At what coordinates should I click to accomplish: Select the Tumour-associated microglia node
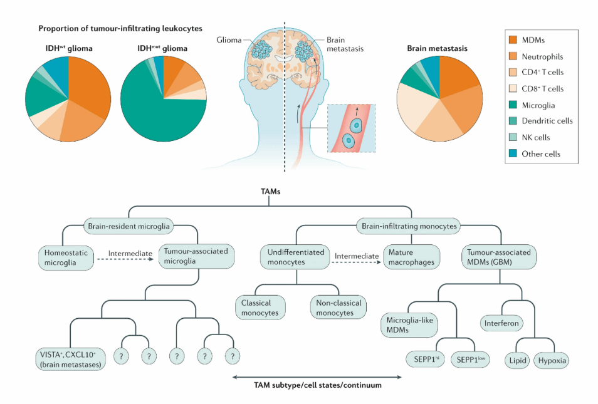coord(197,257)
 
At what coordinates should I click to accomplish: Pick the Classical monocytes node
coord(260,307)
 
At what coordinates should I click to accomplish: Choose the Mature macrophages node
coord(411,257)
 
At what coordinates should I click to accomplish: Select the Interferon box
coord(502,323)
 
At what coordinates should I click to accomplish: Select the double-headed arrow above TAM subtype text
coord(317,376)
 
